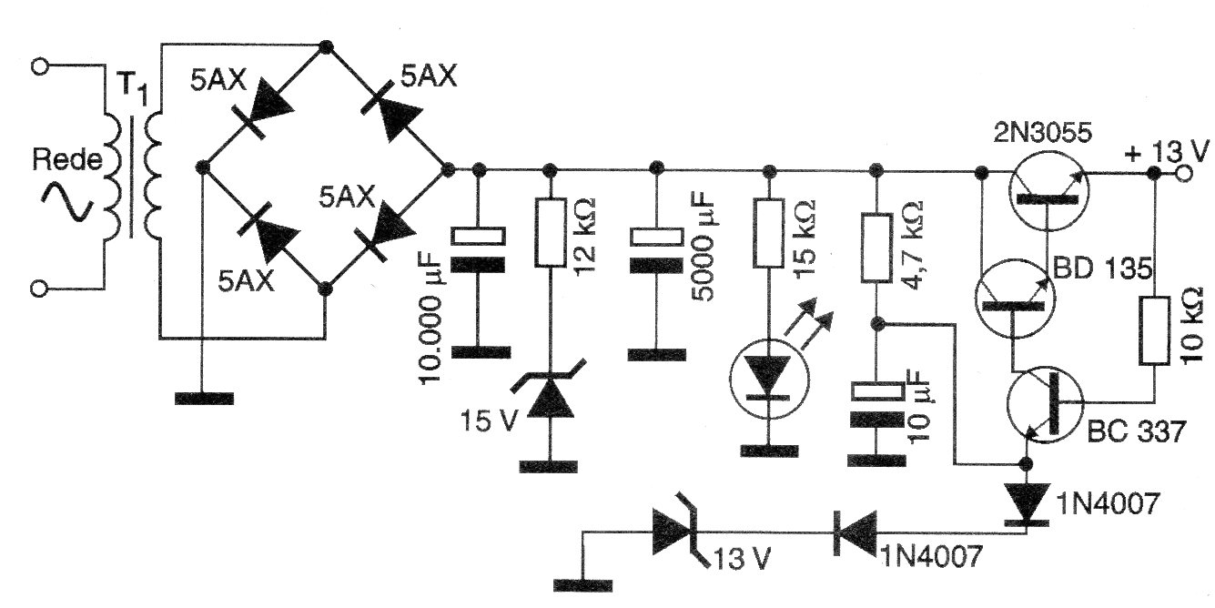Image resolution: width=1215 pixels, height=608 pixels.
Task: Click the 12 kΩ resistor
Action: [x=549, y=234]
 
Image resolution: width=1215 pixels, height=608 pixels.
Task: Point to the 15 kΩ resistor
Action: [x=769, y=234]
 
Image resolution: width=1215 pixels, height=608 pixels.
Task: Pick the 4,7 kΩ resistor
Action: [x=876, y=246]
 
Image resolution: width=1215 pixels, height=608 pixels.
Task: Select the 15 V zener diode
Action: [x=549, y=400]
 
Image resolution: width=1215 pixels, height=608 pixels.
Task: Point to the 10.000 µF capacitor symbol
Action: [x=479, y=250]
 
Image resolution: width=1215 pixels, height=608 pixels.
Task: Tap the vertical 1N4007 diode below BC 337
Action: [x=1027, y=502]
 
